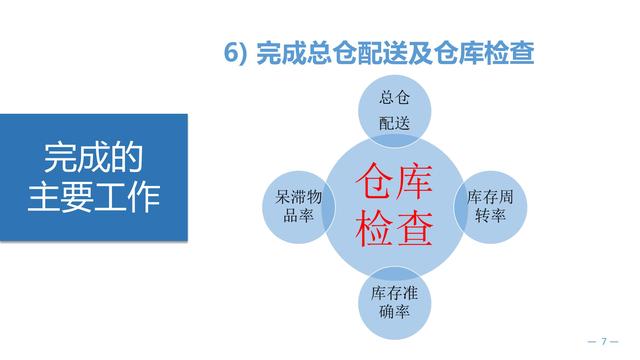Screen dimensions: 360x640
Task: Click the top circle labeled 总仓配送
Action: coord(395,109)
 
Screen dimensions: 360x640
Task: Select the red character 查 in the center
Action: coord(416,230)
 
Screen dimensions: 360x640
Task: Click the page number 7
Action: coord(604,342)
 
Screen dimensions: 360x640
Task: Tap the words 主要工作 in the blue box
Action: coord(94,195)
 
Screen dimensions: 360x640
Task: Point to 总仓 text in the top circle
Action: coord(395,98)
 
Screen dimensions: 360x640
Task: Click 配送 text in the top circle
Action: coord(395,123)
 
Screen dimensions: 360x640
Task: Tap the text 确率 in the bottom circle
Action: coord(395,312)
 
